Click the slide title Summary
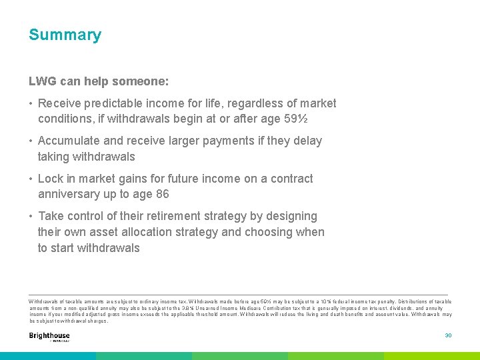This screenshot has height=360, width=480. coord(65,35)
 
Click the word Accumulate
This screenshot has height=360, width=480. coord(71,141)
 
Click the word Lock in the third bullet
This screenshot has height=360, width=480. coord(51,179)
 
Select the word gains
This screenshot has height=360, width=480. coord(139,179)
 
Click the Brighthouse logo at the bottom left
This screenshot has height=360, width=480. coord(49,336)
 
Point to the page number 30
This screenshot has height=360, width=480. coord(448,335)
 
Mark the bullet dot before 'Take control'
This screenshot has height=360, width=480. coord(31,216)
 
